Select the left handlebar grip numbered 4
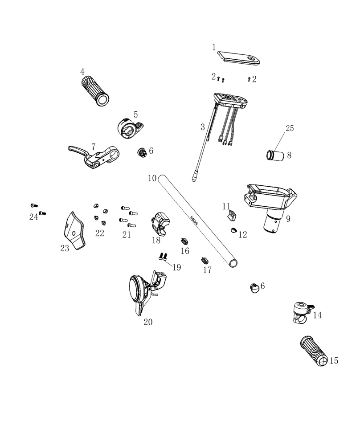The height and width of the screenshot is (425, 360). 95,91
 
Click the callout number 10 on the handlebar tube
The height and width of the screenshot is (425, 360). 152,178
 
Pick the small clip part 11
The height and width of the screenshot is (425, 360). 230,216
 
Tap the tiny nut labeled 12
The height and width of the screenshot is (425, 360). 233,230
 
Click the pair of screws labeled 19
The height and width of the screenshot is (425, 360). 163,256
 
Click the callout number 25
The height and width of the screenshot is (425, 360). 290,128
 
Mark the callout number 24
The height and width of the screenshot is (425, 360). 34,217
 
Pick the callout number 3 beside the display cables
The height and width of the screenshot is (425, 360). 203,127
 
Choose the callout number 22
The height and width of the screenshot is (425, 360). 99,233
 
